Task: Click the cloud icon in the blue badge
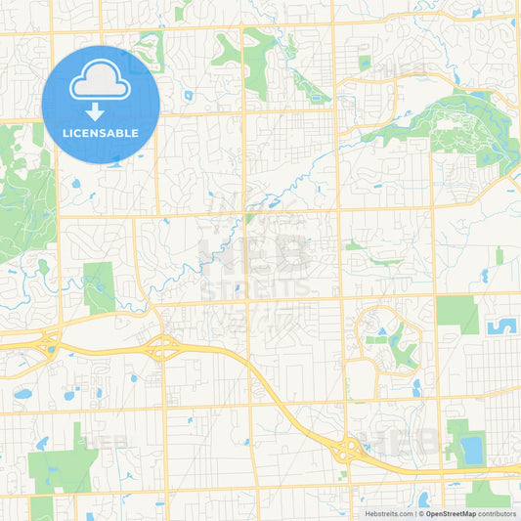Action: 101,77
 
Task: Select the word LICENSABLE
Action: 101,133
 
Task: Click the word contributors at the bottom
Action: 497,512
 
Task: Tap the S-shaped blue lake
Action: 503,326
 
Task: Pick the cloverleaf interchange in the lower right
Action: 347,449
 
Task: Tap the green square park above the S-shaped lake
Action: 456,314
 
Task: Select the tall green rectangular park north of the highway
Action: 99,287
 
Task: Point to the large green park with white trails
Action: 459,132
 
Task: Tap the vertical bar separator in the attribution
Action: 417,512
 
